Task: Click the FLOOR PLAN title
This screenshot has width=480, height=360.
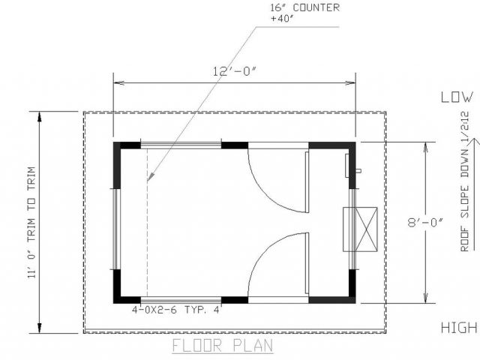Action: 223,345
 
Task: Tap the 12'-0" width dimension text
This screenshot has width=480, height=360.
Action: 234,71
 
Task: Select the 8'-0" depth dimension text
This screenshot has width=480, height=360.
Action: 425,222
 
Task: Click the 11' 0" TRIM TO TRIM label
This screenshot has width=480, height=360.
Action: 31,222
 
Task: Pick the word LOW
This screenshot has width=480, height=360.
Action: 457,97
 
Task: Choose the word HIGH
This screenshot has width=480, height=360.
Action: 459,328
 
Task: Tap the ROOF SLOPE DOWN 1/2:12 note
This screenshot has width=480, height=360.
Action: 465,181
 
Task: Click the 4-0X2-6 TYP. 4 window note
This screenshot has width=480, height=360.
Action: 175,310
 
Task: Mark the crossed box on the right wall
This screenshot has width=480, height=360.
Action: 360,229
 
